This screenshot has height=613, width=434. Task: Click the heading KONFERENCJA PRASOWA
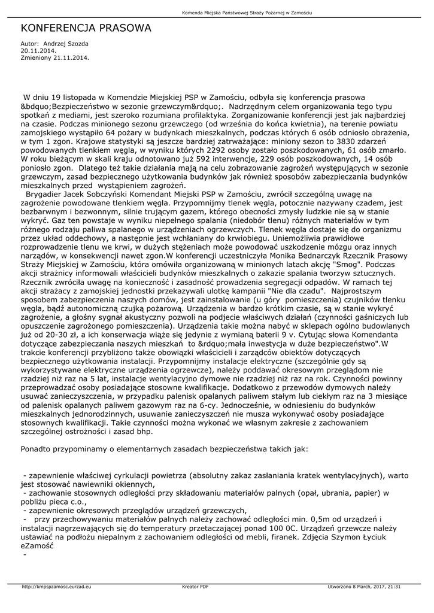pyautogui.click(x=86, y=28)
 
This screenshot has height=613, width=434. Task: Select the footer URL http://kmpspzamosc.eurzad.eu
pyautogui.click(x=56, y=587)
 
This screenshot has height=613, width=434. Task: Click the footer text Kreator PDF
pyautogui.click(x=195, y=587)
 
